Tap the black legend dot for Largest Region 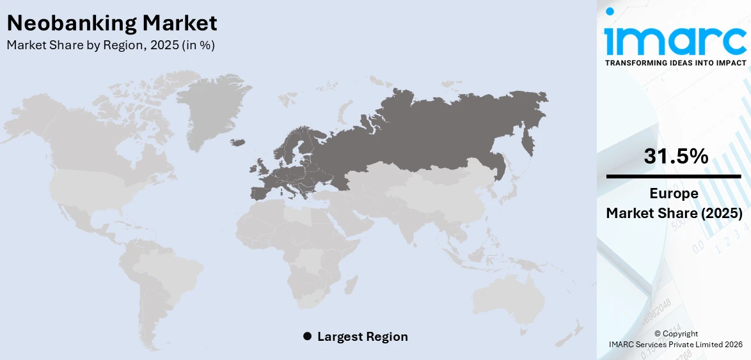[307, 336]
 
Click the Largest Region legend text [362, 336]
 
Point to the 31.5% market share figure [676, 156]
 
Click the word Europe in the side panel [674, 194]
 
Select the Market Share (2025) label [674, 214]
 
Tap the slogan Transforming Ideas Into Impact [675, 63]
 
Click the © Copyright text [676, 334]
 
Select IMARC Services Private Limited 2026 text [676, 345]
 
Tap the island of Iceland [238, 142]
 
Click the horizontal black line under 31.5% [674, 176]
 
